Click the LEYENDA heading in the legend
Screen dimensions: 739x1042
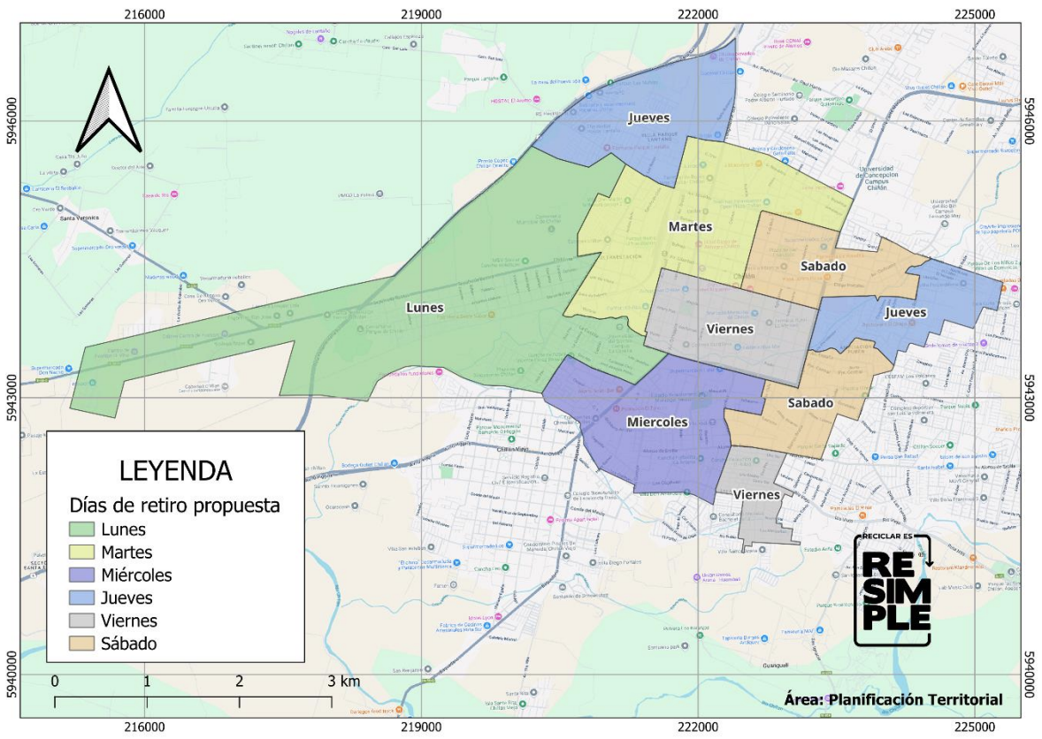[175, 470]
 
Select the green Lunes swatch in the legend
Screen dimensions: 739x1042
[81, 529]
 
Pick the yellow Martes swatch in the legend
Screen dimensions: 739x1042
[81, 552]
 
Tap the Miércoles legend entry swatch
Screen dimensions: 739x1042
[81, 575]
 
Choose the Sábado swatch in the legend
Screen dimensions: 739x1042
[81, 644]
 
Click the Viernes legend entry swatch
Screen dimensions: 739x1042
[81, 621]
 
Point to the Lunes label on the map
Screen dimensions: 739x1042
[425, 308]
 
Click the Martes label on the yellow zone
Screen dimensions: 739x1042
[690, 227]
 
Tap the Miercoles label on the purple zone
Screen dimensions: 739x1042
[657, 423]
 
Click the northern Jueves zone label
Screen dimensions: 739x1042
[649, 118]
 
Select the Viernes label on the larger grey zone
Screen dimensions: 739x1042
[731, 329]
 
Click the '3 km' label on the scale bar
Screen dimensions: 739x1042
[344, 682]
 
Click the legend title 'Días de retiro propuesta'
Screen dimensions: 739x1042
[175, 506]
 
